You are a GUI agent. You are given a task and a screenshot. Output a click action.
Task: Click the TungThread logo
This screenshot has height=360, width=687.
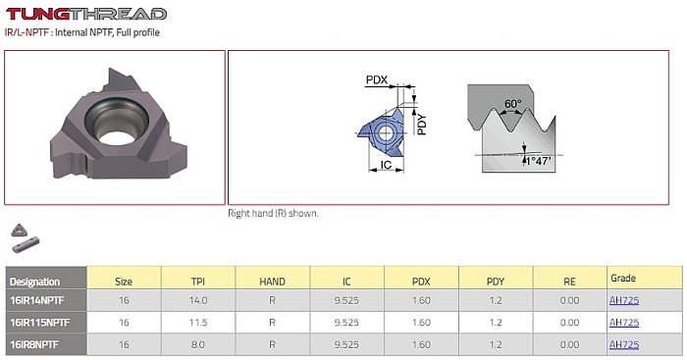click(86, 14)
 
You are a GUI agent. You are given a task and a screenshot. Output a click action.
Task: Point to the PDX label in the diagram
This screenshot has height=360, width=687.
click(377, 79)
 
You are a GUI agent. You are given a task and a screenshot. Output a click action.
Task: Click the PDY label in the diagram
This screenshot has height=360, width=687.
click(421, 125)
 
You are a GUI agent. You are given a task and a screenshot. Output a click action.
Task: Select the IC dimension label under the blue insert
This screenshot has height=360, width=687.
click(386, 165)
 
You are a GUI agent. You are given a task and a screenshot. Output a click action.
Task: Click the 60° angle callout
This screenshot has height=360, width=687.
click(512, 104)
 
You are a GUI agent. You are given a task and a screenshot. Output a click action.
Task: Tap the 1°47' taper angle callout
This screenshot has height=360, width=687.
click(538, 161)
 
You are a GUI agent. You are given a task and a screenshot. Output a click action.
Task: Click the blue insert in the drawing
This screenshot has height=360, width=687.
click(381, 131)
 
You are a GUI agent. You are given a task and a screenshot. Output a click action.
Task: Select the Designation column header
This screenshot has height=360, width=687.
click(34, 282)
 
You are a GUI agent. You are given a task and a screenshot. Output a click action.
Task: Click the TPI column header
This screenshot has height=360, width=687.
click(198, 282)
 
